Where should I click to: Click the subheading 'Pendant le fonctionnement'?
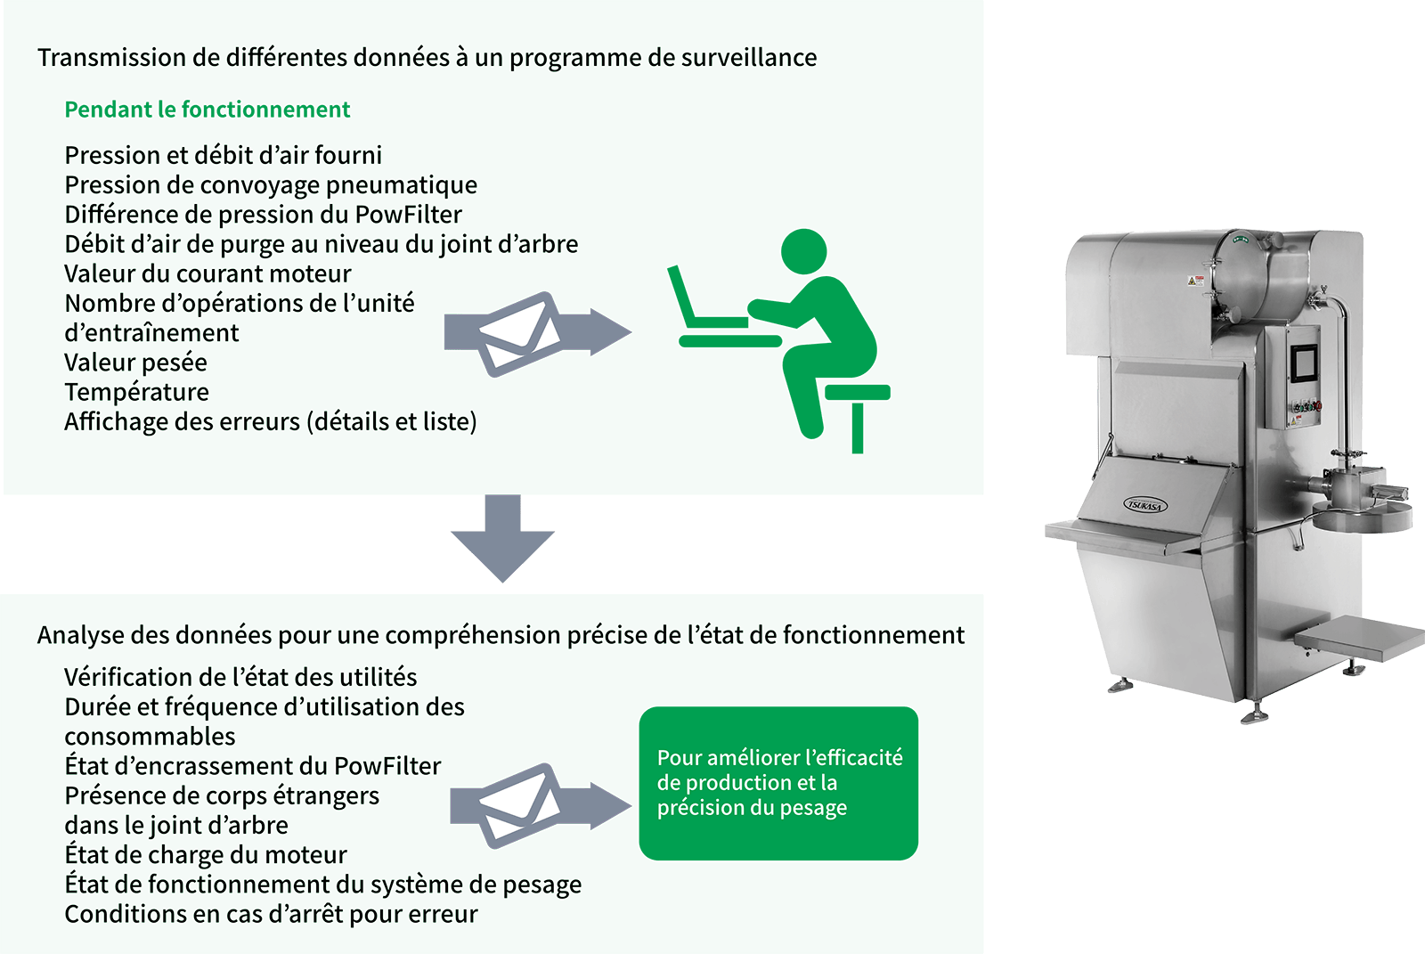point(208,110)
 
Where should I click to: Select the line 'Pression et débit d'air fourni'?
point(224,155)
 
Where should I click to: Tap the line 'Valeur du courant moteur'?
point(208,273)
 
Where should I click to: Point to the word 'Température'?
point(137,392)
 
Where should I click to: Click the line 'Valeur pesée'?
point(135,363)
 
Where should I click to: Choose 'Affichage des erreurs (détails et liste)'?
point(271,421)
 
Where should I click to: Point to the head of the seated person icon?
point(803,252)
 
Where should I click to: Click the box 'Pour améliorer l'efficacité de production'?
point(778,783)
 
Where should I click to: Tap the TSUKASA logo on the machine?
point(1144,505)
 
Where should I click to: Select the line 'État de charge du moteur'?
point(206,855)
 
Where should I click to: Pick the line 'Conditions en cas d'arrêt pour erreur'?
point(271,914)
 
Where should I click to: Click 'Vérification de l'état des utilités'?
point(240,677)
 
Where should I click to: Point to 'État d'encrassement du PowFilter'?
point(253,766)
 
